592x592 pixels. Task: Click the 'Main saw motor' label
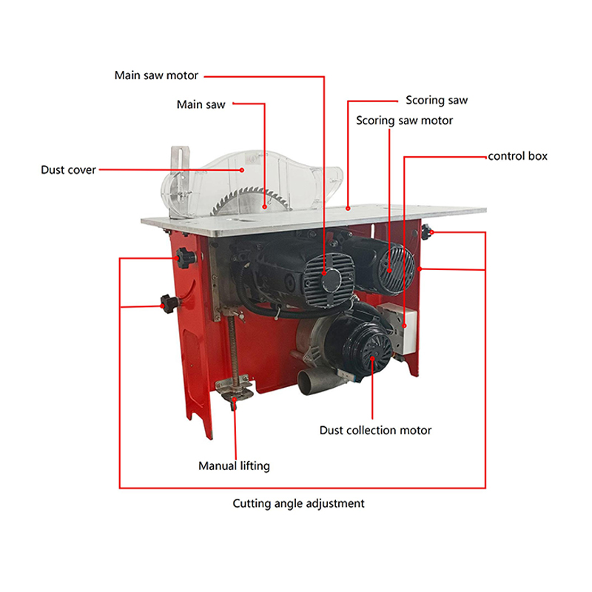[x=156, y=75]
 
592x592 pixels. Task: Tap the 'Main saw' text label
[x=201, y=104]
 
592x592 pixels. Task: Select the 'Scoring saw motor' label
[x=404, y=121]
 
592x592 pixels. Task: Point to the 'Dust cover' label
[x=68, y=170]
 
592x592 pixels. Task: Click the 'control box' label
[x=517, y=156]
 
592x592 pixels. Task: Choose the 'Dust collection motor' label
[x=375, y=430]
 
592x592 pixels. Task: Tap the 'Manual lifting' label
[x=234, y=466]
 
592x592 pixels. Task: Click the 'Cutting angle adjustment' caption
[x=298, y=503]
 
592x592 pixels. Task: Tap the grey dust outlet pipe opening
[x=307, y=383]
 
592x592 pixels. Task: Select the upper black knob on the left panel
[x=186, y=258]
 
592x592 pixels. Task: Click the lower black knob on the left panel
[x=169, y=303]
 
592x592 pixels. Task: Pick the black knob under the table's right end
[x=427, y=232]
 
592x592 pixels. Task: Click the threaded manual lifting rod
[x=233, y=347]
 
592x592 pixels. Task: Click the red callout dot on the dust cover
[x=242, y=170]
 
